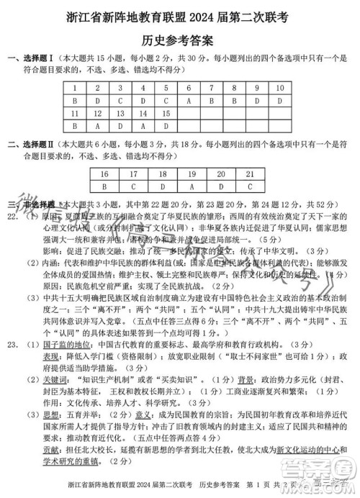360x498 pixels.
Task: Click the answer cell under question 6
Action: pyautogui.click(x=188, y=101)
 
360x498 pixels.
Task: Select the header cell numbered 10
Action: pyautogui.click(x=279, y=89)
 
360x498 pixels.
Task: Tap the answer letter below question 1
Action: pyautogui.click(x=74, y=101)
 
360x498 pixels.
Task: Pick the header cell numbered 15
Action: pyautogui.click(x=165, y=113)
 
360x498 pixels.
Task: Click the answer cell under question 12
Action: pyautogui.click(x=97, y=125)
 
